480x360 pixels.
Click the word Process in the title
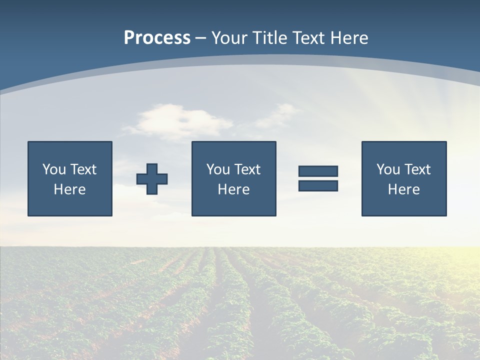(157, 38)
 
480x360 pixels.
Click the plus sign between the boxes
(152, 179)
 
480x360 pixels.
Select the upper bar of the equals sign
(318, 171)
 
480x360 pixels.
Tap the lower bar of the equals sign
(318, 185)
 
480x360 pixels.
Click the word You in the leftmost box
(53, 169)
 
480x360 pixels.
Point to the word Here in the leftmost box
(69, 189)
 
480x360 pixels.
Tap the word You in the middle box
(217, 169)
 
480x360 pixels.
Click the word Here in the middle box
(233, 189)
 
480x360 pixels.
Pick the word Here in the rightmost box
(403, 189)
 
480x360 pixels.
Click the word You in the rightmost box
(387, 169)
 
